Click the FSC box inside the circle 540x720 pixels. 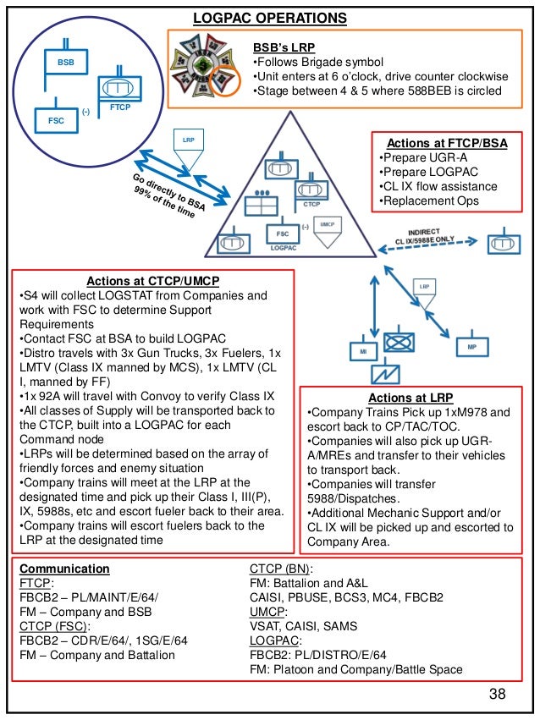[x=56, y=120]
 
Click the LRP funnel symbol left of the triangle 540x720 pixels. [x=187, y=146]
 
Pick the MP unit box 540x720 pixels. [x=471, y=347]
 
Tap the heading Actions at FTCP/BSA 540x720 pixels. [x=447, y=144]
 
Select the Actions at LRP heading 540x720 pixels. [x=411, y=398]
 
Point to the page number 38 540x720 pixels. [x=497, y=695]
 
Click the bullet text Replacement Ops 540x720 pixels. [x=430, y=201]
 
